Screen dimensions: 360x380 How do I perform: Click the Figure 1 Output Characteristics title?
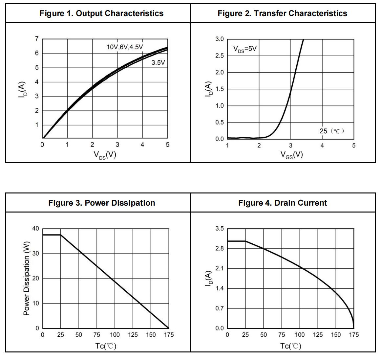101,13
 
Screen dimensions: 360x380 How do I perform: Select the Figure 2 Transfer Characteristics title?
282,13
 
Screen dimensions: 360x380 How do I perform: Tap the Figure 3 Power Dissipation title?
102,203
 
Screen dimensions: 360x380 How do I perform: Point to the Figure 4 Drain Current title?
283,203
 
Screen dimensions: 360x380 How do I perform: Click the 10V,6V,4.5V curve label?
125,47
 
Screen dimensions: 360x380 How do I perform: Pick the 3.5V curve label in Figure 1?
158,62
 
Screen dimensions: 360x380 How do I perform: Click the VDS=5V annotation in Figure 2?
245,49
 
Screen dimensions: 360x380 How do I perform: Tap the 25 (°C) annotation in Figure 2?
332,131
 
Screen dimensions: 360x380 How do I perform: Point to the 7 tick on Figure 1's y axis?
37,39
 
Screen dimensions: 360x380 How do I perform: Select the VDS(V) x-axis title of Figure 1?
105,155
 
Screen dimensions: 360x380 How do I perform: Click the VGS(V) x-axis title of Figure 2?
291,155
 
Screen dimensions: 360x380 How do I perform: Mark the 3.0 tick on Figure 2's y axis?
220,39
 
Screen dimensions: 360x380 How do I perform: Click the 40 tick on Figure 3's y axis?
35,229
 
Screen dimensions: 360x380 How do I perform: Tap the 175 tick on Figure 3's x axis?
169,335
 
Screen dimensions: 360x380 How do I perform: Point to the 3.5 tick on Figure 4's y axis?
220,229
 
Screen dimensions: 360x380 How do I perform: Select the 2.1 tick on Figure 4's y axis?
220,268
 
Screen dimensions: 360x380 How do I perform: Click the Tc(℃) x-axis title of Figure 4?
290,346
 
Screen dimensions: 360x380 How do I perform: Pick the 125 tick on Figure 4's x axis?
318,335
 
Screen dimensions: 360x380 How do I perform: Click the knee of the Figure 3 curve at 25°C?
61,235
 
